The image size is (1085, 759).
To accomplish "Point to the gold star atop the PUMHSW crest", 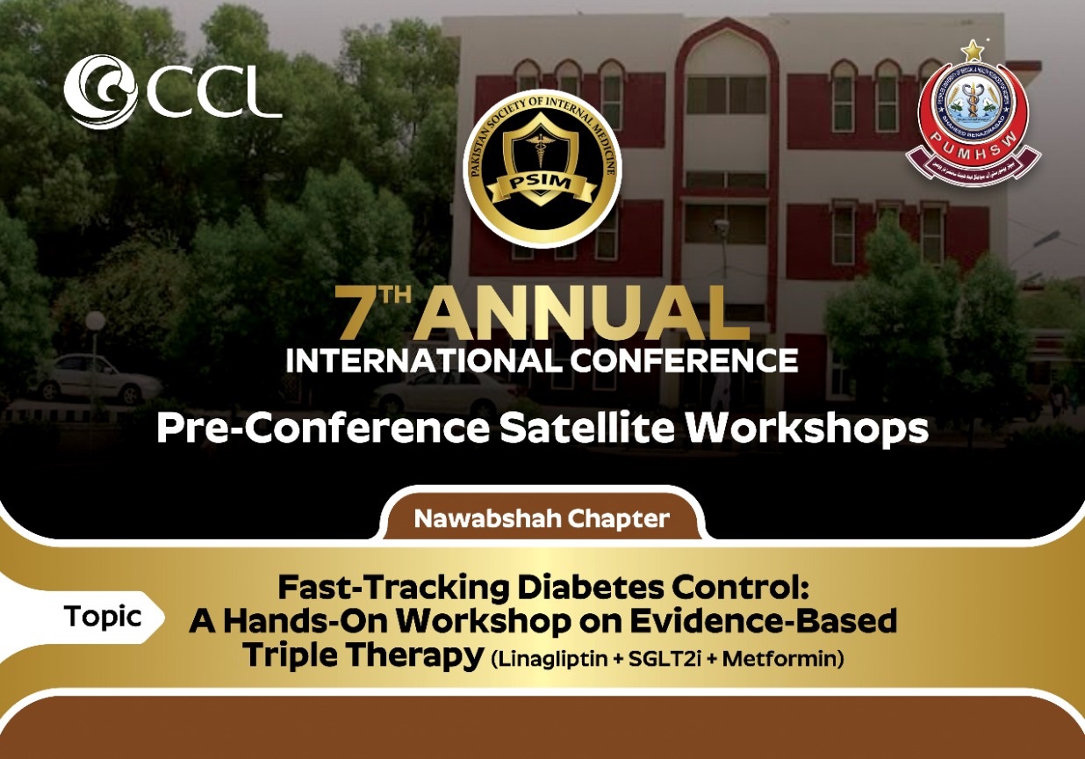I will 972,50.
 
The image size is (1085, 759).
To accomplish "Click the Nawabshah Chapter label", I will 542,518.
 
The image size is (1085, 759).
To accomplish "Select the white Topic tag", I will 102,616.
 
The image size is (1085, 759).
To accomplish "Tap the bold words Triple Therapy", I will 363,654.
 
